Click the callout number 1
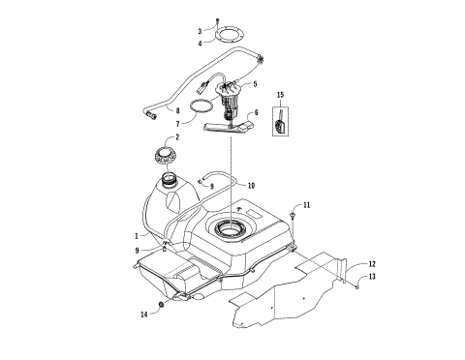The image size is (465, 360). [136, 233]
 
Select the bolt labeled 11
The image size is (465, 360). [293, 212]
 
